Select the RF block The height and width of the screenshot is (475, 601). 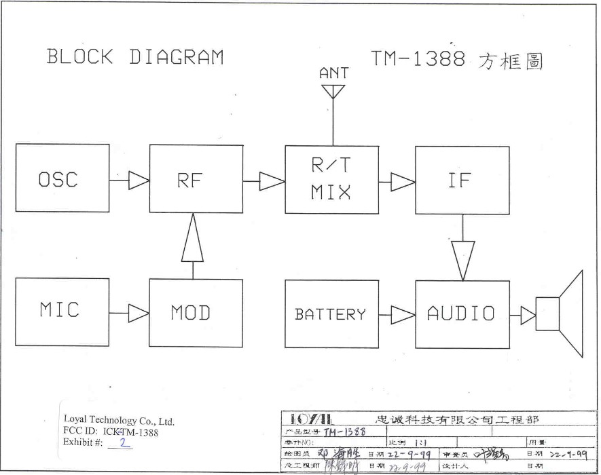point(196,179)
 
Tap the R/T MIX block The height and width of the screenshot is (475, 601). point(331,179)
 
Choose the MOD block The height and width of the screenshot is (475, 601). point(196,313)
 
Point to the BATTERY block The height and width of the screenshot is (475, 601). point(331,314)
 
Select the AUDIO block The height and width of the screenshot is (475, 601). point(462,314)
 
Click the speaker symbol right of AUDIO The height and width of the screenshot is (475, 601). point(561,313)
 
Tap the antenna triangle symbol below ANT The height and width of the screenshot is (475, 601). point(333,91)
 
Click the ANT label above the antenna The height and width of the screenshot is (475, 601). point(333,73)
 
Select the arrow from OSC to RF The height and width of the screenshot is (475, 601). point(139,180)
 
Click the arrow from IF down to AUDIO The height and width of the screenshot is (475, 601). point(462,260)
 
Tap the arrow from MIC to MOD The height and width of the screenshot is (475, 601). point(139,313)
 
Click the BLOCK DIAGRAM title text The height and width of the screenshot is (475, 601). point(134,56)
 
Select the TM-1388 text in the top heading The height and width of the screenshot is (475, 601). point(418,59)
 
